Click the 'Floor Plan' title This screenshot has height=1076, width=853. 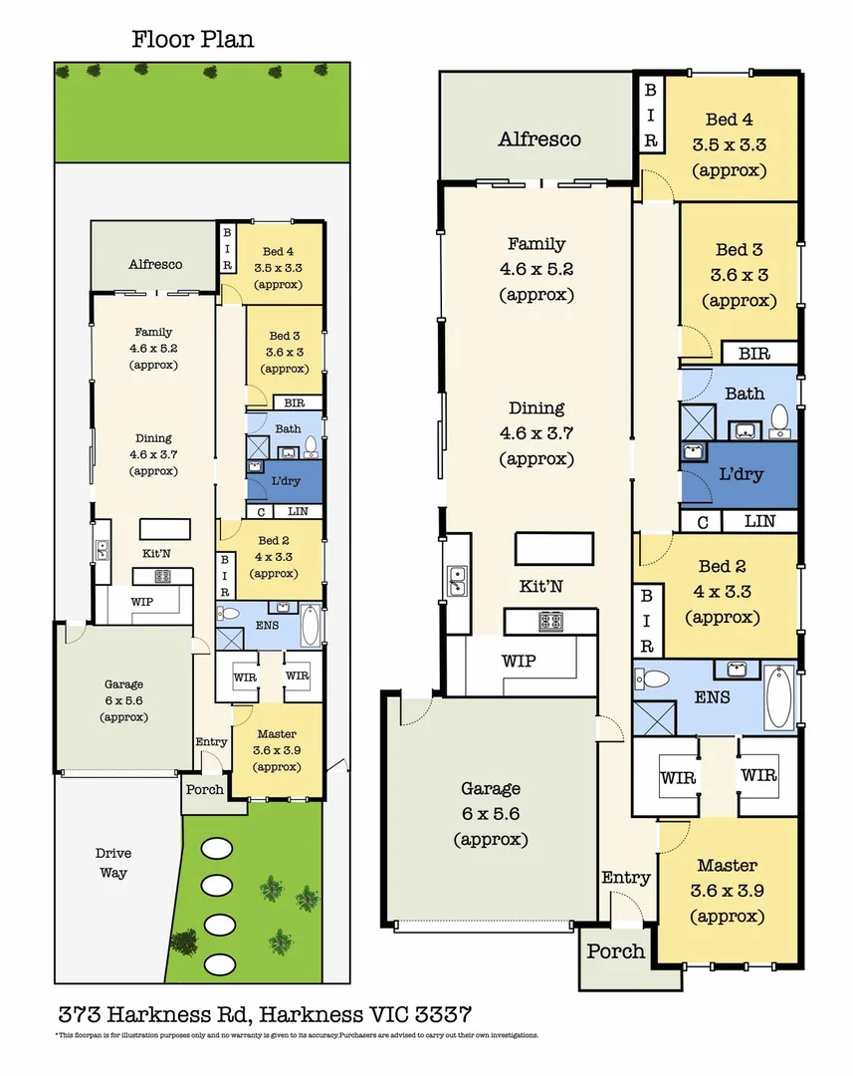point(193,39)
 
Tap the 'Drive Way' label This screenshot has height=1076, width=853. point(113,863)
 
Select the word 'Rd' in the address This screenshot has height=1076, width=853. point(237,1013)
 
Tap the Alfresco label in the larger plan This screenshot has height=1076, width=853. point(538,139)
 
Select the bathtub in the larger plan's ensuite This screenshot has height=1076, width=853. point(779,696)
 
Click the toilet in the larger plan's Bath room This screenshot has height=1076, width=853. point(779,420)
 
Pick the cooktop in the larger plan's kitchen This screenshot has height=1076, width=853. point(550,622)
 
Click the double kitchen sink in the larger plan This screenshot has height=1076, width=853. point(457,580)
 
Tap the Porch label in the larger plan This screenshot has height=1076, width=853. point(615,951)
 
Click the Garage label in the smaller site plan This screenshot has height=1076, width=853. point(123,684)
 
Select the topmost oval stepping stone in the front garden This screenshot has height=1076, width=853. point(217,848)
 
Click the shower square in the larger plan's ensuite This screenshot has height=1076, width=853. point(654,717)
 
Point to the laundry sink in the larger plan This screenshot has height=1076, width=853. point(694,451)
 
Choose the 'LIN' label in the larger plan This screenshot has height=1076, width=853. point(759,521)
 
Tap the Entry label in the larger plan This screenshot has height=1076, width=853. point(625,878)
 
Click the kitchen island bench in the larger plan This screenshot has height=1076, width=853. point(554,549)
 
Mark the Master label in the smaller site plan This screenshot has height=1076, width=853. point(277,734)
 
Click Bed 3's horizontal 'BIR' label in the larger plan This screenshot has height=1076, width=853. point(754,354)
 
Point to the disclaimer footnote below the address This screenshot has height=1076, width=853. point(297,1035)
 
